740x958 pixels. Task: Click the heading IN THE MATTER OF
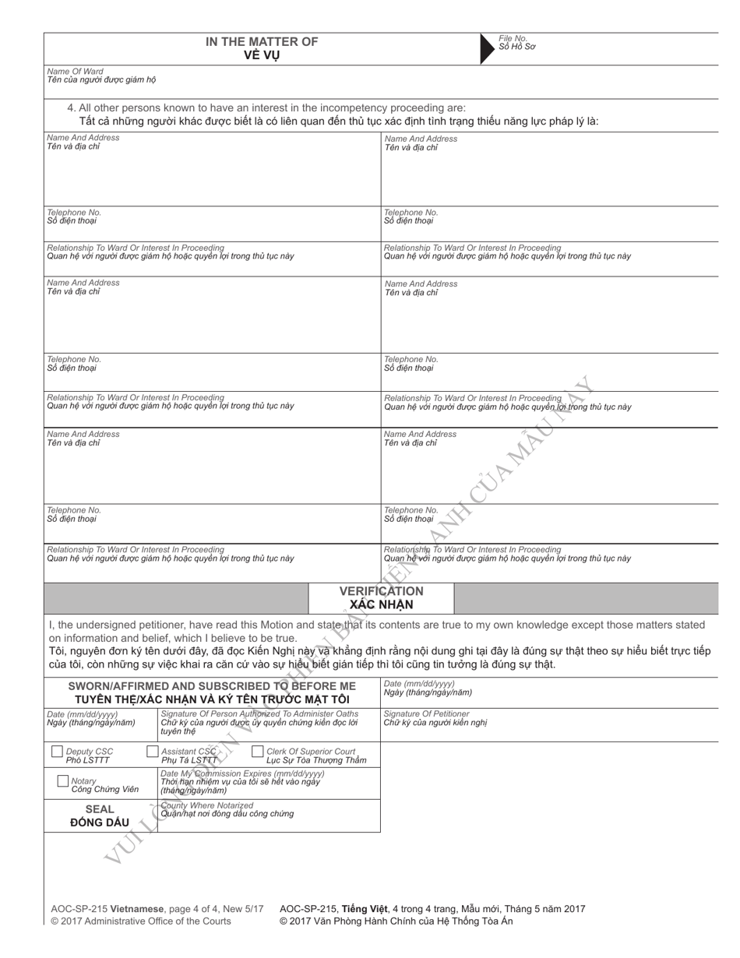262,42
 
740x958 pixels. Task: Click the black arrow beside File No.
489,48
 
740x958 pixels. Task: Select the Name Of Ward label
75,71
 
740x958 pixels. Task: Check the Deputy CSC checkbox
57,752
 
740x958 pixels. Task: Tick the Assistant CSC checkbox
153,752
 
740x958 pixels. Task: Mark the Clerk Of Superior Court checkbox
258,752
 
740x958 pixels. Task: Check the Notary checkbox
63,780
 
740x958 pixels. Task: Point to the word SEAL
99,809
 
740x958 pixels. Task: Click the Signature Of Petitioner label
427,713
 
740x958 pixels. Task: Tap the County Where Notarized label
206,805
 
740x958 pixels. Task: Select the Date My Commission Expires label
241,773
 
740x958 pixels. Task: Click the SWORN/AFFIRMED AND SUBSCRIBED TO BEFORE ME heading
212,686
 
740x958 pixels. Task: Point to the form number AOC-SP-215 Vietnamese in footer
102,908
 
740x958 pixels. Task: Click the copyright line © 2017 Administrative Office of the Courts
141,921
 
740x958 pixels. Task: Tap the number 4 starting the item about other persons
71,108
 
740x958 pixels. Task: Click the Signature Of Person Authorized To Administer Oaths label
259,713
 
